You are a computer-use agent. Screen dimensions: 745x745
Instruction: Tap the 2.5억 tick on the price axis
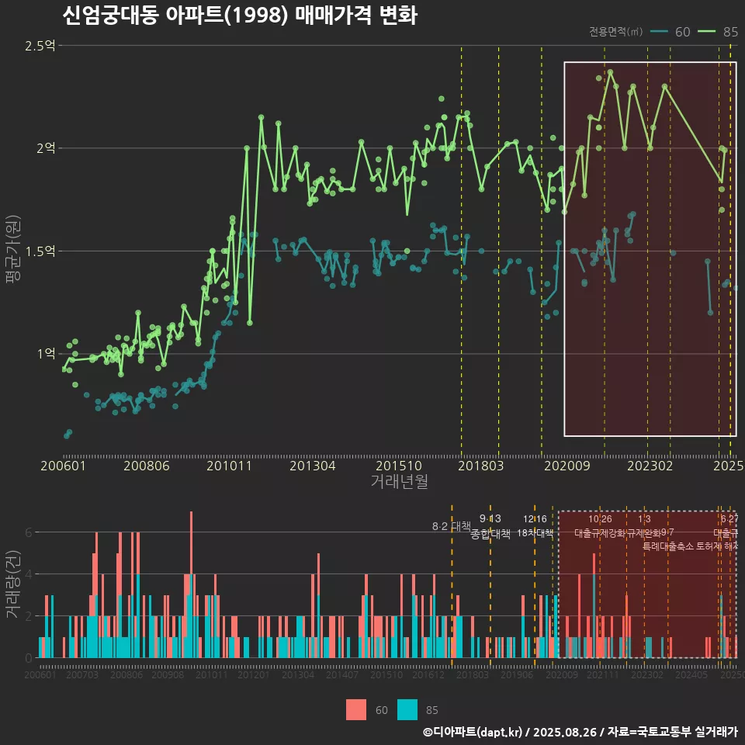[x=40, y=46]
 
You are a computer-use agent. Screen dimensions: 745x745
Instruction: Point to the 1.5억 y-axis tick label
[x=40, y=251]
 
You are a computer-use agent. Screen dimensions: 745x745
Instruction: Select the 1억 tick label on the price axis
[x=46, y=354]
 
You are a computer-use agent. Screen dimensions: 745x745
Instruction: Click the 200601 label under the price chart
[x=63, y=466]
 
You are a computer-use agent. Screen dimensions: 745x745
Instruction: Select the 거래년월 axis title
[x=399, y=482]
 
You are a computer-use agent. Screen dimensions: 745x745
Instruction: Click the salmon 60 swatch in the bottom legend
[x=356, y=709]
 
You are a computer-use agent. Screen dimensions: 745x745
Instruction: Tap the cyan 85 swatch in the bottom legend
[x=407, y=709]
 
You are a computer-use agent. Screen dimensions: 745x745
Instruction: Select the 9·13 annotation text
[x=490, y=518]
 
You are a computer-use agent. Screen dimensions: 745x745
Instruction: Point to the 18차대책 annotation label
[x=535, y=533]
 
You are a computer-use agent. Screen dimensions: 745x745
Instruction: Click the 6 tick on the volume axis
[x=29, y=532]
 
